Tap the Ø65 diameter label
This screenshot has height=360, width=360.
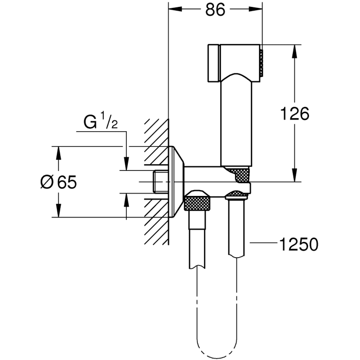click(58, 182)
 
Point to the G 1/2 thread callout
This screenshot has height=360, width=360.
click(100, 122)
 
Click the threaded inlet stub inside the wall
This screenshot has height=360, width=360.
click(161, 182)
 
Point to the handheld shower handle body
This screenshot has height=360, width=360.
click(237, 122)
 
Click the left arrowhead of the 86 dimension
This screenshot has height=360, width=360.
click(173, 10)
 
